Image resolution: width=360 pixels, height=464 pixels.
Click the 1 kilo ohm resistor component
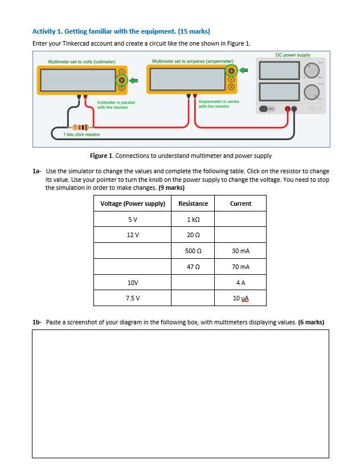click(x=79, y=126)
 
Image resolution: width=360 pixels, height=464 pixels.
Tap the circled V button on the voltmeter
click(x=121, y=80)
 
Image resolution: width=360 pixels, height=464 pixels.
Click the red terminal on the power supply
click(x=289, y=108)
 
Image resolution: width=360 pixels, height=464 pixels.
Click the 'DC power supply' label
click(x=293, y=55)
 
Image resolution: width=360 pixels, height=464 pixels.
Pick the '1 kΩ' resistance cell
click(x=193, y=219)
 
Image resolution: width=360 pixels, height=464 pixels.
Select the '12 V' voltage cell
click(x=133, y=235)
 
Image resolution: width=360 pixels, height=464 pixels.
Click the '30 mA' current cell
click(x=240, y=251)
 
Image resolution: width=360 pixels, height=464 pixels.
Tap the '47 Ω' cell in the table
click(x=193, y=267)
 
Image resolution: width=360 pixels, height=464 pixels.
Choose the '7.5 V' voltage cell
click(x=133, y=298)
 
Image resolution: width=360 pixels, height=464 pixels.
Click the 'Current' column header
click(x=240, y=203)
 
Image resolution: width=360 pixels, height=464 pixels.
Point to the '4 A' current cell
click(x=240, y=282)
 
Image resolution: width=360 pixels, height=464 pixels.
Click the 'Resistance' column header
click(x=193, y=203)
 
